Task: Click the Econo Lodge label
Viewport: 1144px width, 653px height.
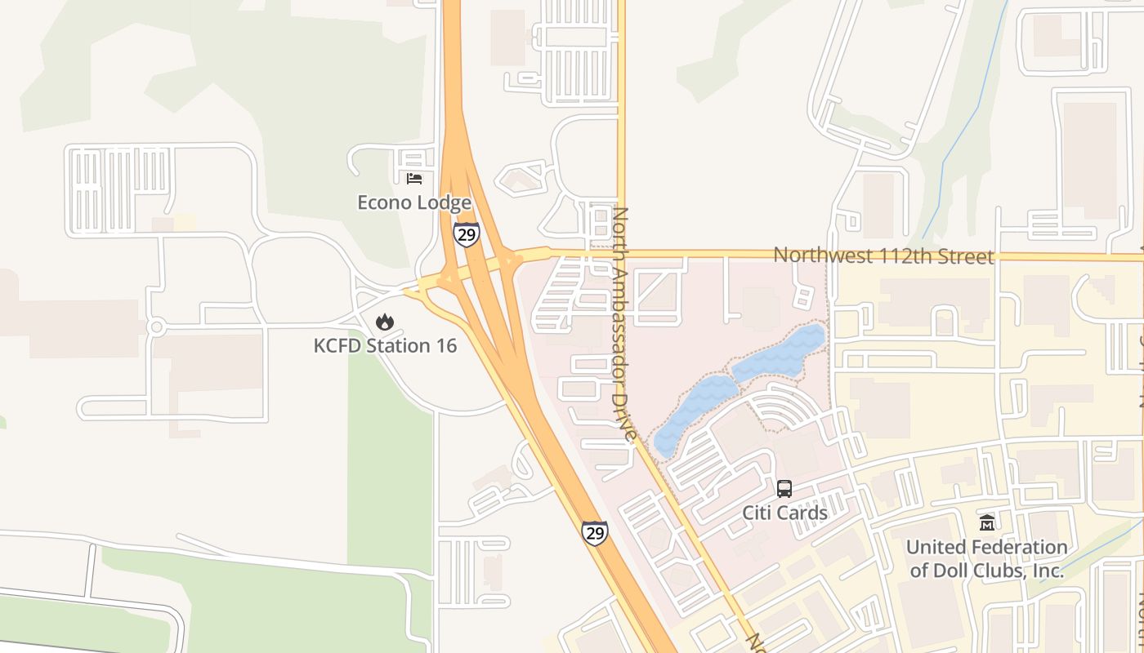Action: pyautogui.click(x=414, y=202)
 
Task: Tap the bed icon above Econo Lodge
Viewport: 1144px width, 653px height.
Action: pyautogui.click(x=414, y=178)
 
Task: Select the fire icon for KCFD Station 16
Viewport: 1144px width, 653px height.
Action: pyautogui.click(x=385, y=322)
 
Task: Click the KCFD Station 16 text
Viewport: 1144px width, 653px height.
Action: pyautogui.click(x=385, y=345)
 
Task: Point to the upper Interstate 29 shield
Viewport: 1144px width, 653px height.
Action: pyautogui.click(x=466, y=235)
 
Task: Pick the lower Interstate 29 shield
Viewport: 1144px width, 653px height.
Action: pyautogui.click(x=595, y=532)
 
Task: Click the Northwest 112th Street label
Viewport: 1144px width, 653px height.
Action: pyautogui.click(x=883, y=255)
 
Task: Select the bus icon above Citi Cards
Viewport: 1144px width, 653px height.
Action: pyautogui.click(x=784, y=489)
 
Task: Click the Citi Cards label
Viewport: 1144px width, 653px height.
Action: pyautogui.click(x=784, y=513)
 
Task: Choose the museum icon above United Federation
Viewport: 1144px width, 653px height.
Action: pyautogui.click(x=986, y=522)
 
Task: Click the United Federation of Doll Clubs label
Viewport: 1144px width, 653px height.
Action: pyautogui.click(x=986, y=558)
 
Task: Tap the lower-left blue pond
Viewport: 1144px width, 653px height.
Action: pyautogui.click(x=686, y=415)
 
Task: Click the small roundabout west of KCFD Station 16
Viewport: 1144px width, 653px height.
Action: pyautogui.click(x=156, y=326)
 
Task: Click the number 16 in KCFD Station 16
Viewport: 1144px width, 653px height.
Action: pyautogui.click(x=445, y=345)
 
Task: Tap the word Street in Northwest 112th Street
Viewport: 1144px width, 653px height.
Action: pyautogui.click(x=967, y=255)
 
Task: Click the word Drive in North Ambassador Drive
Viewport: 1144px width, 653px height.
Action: pyautogui.click(x=627, y=411)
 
